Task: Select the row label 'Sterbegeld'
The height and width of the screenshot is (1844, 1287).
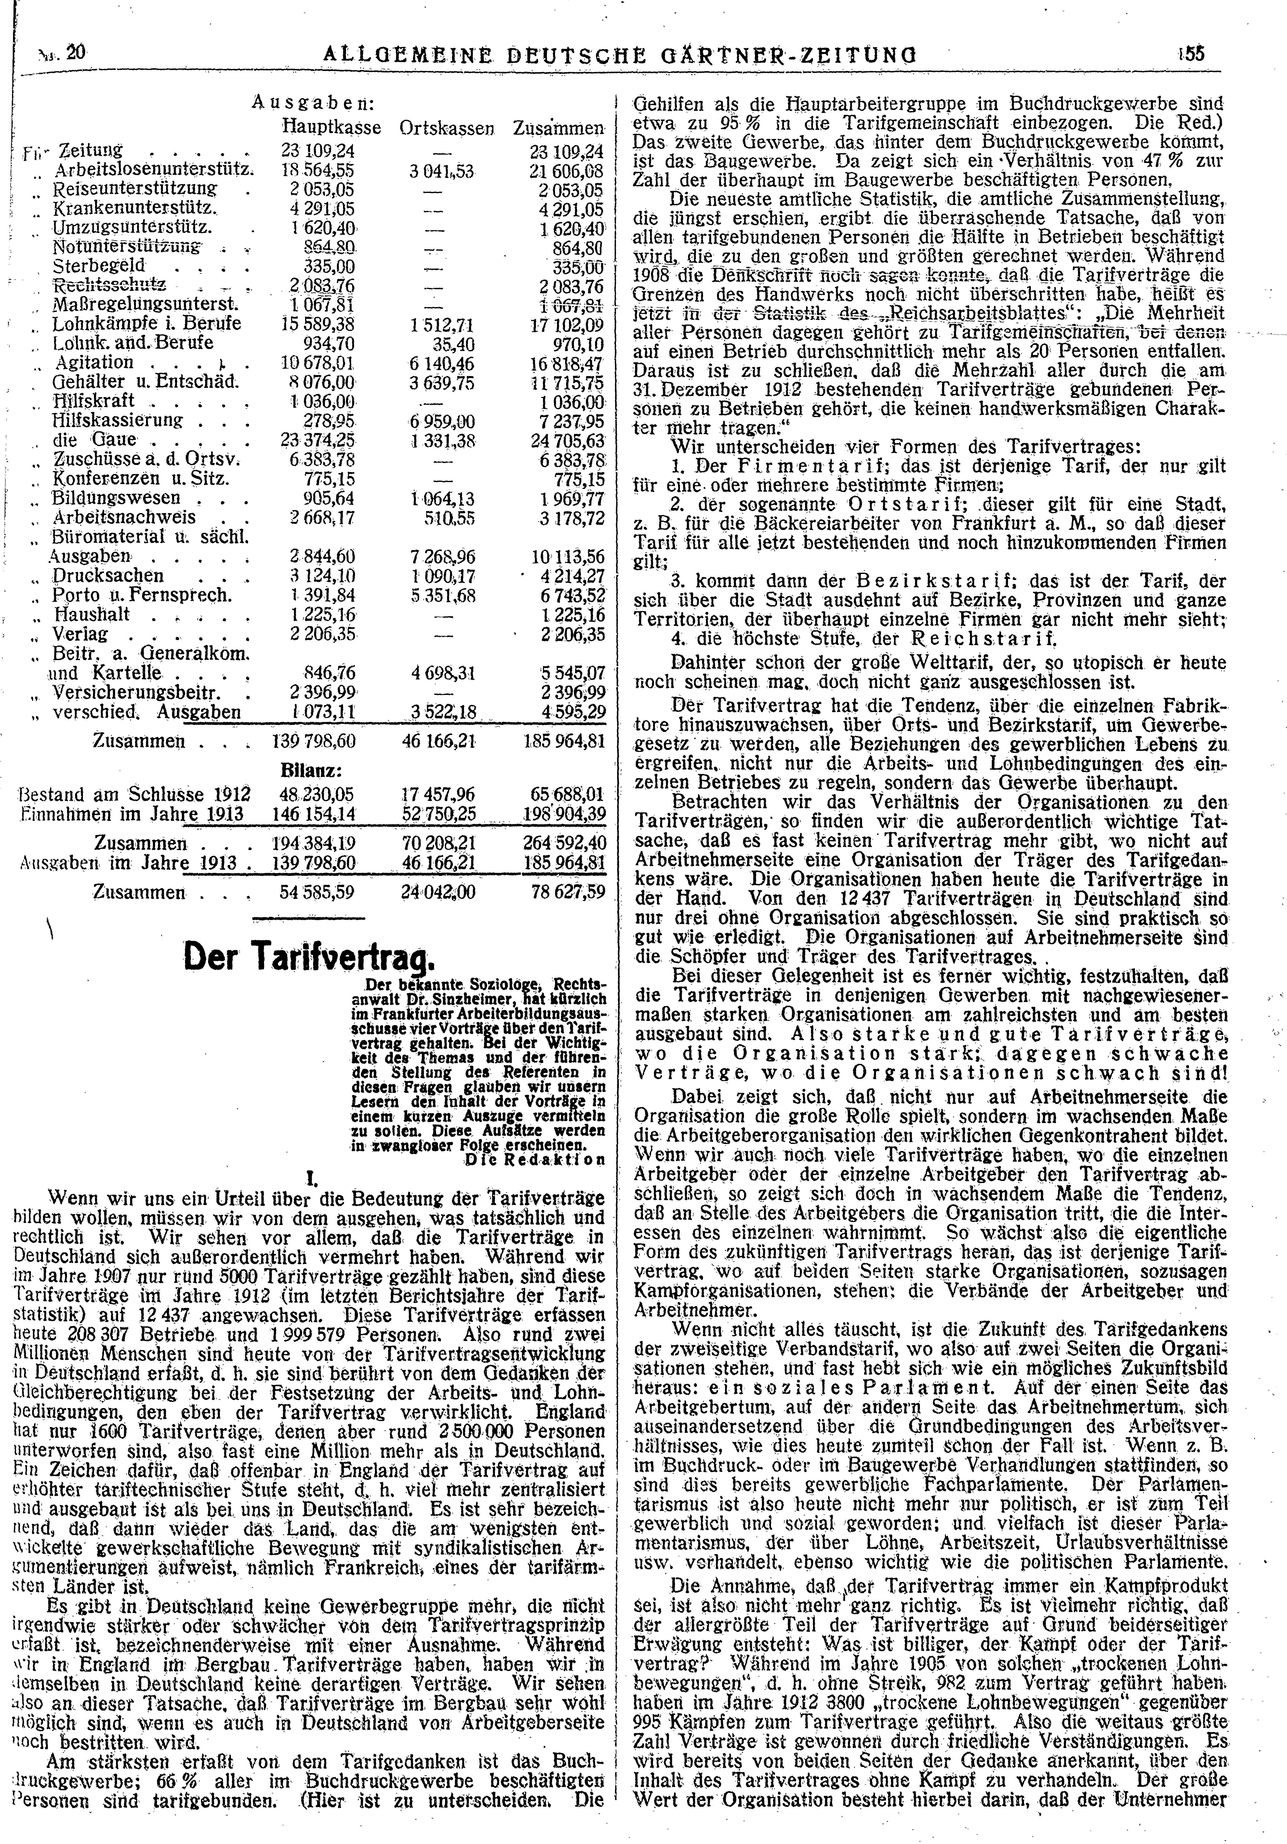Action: coord(98,265)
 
